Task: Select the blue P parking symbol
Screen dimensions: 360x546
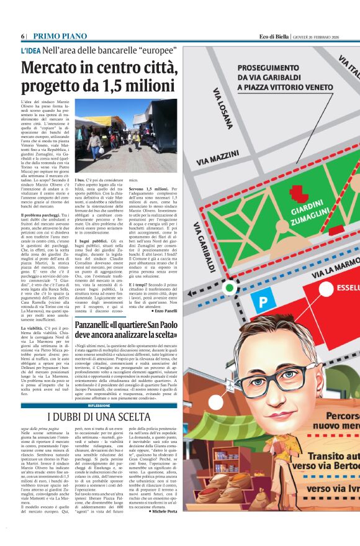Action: pos(263,301)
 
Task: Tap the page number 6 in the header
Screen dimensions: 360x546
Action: pos(23,36)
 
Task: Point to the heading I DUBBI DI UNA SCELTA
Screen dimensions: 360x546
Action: pos(99,416)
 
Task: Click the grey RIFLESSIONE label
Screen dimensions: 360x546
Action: pos(99,405)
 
